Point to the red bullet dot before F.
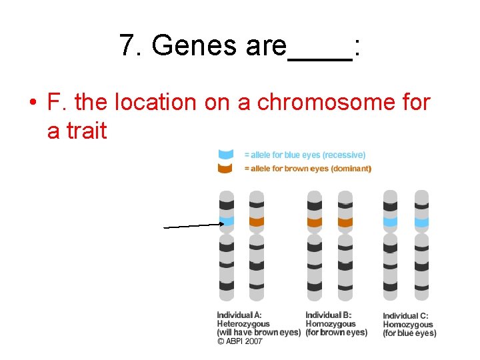click(32, 104)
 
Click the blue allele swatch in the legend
click(226, 155)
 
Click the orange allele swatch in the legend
click(226, 169)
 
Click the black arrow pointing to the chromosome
click(193, 226)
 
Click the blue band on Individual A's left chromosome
click(227, 221)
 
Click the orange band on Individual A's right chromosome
click(257, 221)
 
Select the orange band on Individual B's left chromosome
click(314, 221)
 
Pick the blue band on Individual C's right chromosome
click(421, 221)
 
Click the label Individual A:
click(239, 315)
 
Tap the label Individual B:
click(329, 315)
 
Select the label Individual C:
click(405, 316)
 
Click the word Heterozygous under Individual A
click(243, 324)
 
